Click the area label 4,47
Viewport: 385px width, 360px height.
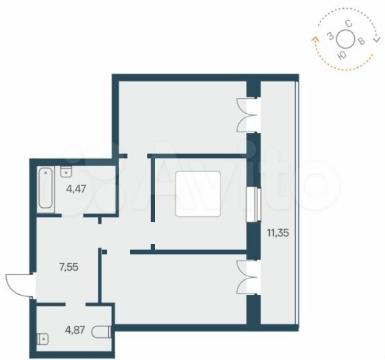[76, 189]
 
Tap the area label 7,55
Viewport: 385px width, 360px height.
[69, 267]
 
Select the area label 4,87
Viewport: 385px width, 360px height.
[75, 330]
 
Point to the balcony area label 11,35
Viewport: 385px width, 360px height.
[278, 232]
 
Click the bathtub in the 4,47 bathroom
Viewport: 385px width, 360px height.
[46, 188]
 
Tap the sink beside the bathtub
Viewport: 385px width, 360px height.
[66, 171]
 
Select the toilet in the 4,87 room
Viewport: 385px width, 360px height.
[101, 332]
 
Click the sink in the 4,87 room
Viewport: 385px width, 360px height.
[42, 339]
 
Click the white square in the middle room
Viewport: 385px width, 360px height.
[198, 194]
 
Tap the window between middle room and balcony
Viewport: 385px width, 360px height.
[253, 204]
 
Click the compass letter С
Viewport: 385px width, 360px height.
[349, 24]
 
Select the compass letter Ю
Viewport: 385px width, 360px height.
[343, 56]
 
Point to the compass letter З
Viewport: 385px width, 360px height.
[331, 36]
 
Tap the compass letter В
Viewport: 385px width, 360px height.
[361, 41]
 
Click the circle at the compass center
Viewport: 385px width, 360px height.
[346, 39]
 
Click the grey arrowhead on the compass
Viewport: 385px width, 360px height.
[376, 39]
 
